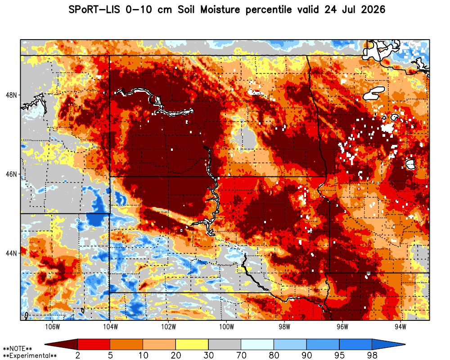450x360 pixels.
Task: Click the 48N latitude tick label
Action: (11, 95)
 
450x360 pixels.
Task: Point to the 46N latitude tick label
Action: (11, 174)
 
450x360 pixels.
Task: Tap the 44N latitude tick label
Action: (11, 253)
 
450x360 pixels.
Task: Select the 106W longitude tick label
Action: (53, 327)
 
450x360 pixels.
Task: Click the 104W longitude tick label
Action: (111, 327)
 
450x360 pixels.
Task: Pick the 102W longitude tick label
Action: (168, 327)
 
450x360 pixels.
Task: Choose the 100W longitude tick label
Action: (226, 327)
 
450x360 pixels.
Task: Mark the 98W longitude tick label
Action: (284, 327)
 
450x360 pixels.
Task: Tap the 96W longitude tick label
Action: (342, 327)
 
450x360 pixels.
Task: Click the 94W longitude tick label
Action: (400, 327)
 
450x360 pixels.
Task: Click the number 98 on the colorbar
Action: (372, 355)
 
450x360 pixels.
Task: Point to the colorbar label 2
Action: (78, 355)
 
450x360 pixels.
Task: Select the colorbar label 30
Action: (209, 355)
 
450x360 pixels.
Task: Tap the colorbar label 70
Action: (241, 355)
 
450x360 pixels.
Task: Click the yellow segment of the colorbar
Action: (192, 344)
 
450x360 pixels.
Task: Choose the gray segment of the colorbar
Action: (225, 344)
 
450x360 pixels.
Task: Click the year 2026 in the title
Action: (373, 10)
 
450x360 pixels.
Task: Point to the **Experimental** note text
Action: (30, 356)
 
